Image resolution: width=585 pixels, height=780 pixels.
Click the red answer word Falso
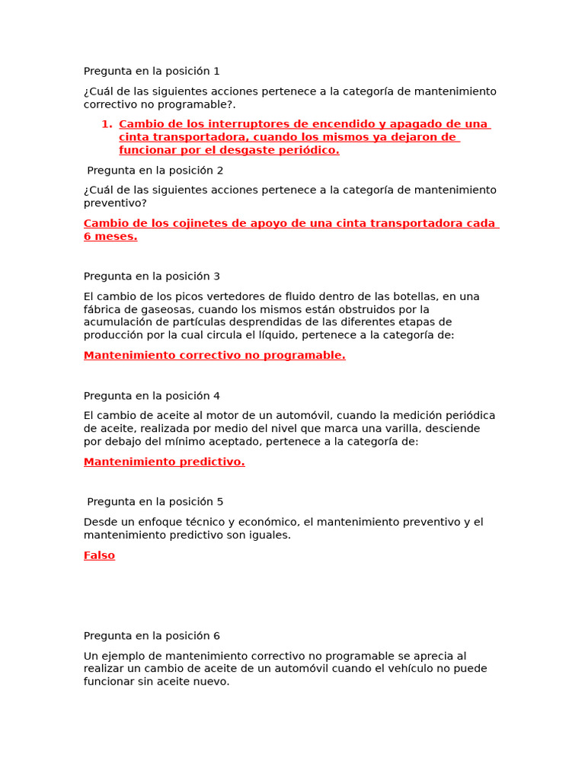(x=99, y=555)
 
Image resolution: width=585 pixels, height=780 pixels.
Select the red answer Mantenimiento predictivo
(x=164, y=462)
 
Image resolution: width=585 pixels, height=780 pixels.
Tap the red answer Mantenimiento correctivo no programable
(x=214, y=355)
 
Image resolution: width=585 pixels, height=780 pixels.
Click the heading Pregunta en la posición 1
(x=152, y=71)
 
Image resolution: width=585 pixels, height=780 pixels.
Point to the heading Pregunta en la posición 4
(x=152, y=396)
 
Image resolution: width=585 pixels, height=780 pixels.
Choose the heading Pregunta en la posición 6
(x=152, y=636)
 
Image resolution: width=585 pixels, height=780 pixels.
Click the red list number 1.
(x=106, y=124)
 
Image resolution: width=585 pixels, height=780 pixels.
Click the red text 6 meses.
(x=110, y=236)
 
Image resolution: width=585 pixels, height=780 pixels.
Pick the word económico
(x=264, y=522)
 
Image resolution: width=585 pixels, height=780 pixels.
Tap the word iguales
(x=269, y=535)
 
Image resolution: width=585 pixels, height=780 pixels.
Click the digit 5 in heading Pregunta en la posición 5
(x=219, y=502)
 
